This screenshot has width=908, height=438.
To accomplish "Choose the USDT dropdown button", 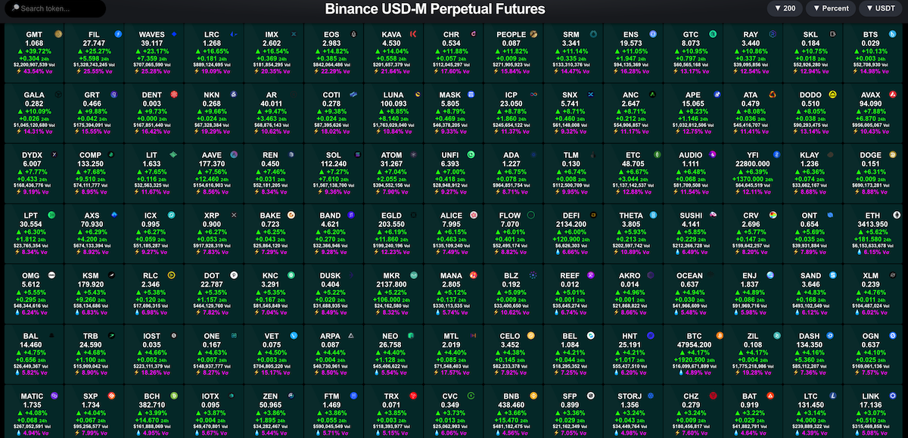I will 882,9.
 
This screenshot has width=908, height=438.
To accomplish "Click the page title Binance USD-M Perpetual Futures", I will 435,9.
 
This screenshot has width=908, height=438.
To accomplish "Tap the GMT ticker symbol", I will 33,35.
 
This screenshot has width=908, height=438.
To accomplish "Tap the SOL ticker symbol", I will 331,154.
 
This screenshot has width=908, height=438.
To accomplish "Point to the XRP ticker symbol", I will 212,214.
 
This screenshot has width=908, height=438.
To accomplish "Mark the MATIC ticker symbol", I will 33,395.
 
